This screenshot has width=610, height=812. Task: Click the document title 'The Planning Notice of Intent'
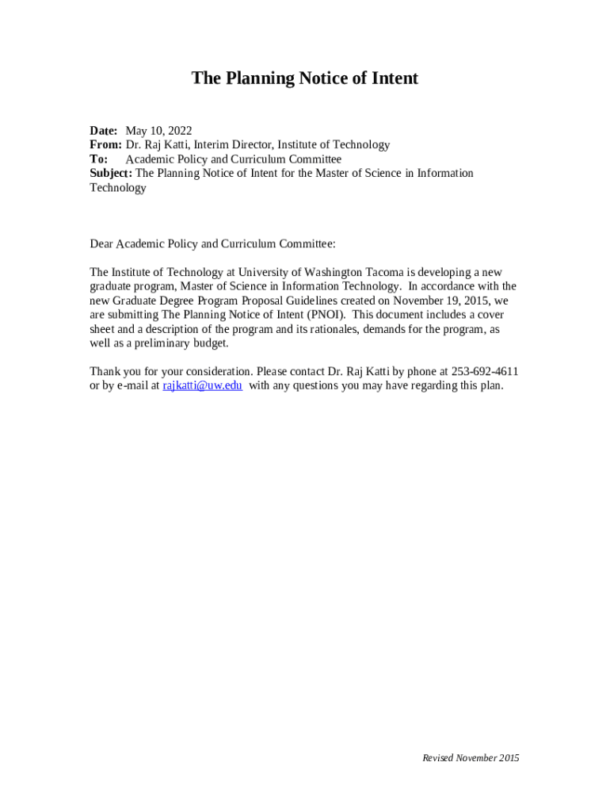[304, 79]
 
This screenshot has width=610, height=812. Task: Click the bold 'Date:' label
[104, 131]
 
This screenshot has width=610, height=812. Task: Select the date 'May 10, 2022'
[158, 131]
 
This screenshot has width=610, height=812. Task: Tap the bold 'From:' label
[105, 145]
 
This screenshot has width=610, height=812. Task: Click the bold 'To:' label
[99, 159]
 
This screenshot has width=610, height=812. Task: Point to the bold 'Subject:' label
[111, 174]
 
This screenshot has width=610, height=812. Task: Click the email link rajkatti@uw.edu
[202, 386]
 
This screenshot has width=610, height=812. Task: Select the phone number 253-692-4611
[485, 372]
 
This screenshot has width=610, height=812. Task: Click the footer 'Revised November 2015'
[471, 758]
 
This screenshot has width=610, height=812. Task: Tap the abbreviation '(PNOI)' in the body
[325, 315]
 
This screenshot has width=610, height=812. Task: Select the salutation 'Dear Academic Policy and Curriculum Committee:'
[212, 243]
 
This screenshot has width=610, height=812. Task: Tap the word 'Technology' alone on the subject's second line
[118, 188]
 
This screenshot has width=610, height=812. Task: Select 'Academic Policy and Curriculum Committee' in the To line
[233, 159]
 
